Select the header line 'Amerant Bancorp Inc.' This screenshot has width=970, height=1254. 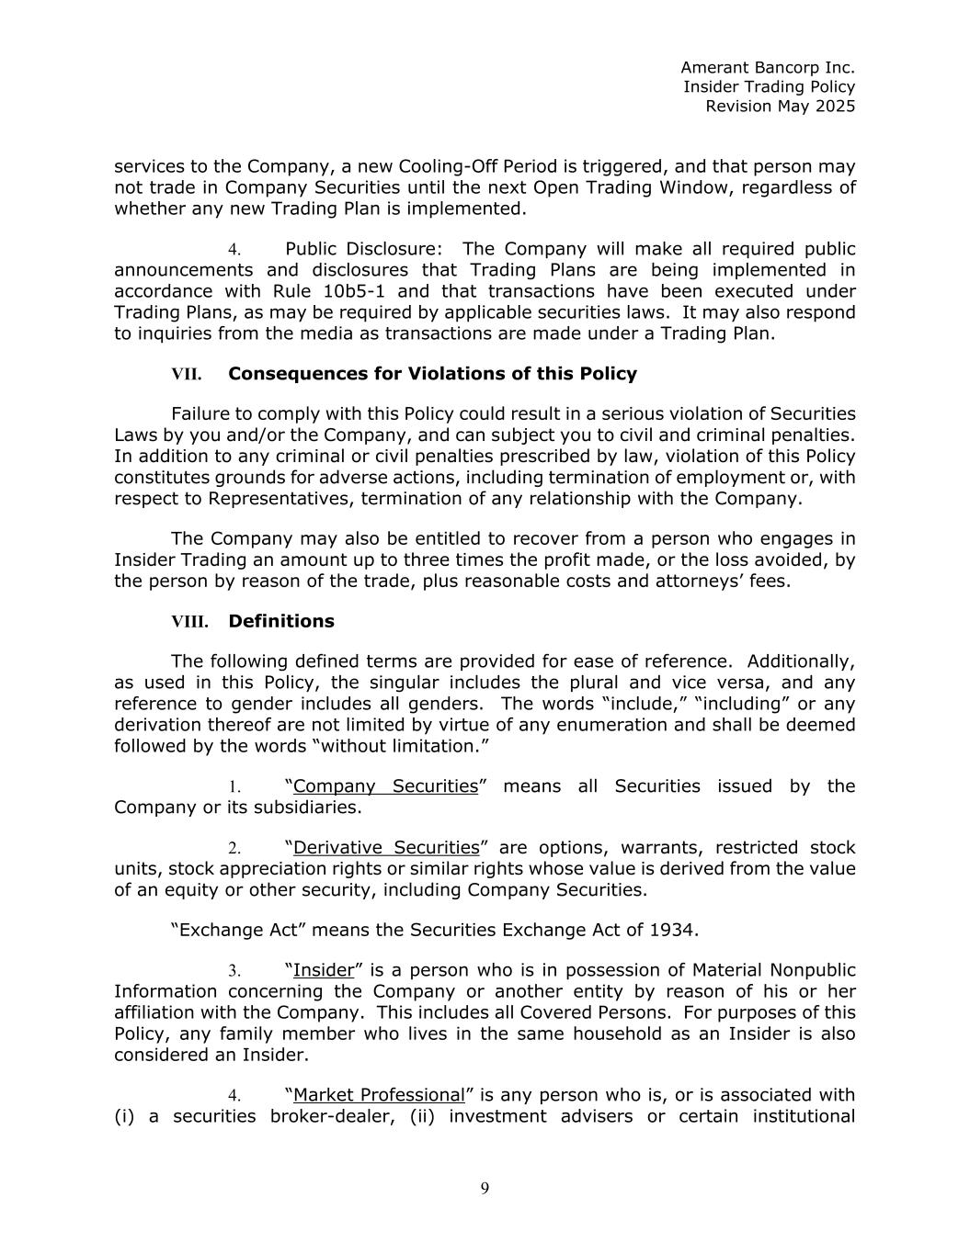coord(768,67)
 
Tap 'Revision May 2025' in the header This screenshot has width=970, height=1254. coord(780,107)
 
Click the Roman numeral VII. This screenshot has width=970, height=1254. coord(186,375)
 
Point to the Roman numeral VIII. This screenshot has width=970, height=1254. coord(189,622)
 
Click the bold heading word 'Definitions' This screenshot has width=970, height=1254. coord(281,621)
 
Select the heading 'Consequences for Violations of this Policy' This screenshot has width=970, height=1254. coord(432,374)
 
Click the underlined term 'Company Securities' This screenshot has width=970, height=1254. coord(385,786)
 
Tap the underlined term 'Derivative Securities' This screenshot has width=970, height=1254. coord(386,848)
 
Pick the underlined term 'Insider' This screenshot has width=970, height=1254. coord(324,971)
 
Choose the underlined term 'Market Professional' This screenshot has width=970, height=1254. coord(379,1095)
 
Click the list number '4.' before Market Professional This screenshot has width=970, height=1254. coord(234,1096)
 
